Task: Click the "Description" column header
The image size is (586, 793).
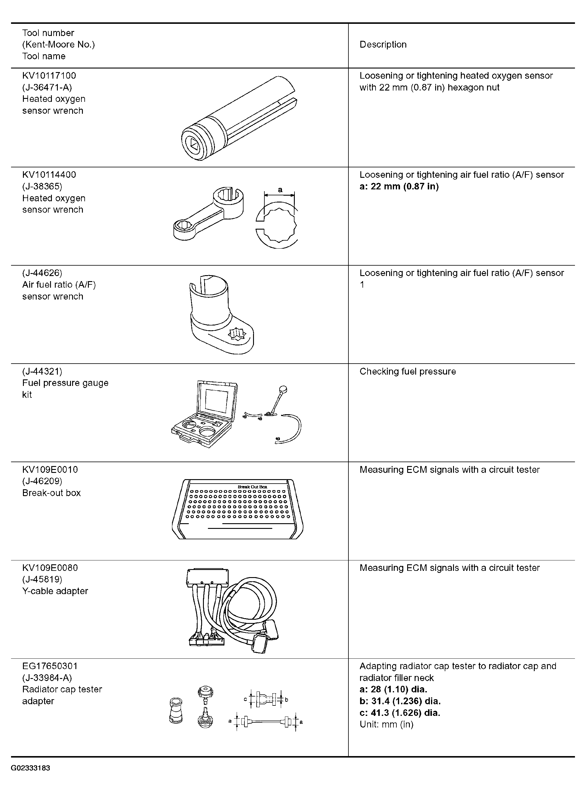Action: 383,45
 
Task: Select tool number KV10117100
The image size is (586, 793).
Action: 49,75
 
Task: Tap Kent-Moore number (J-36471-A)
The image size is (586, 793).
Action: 47,87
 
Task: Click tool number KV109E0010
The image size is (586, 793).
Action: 50,470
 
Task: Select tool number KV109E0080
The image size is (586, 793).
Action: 50,568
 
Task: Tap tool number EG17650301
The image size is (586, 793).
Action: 50,666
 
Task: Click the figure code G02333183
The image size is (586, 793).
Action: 30,768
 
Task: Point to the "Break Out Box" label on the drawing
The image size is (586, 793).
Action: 252,487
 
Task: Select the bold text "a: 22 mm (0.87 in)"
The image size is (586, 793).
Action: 399,186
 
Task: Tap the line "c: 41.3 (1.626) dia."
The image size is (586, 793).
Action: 400,713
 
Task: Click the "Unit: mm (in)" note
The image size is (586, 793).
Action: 387,724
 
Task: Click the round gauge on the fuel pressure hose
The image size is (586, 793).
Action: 283,390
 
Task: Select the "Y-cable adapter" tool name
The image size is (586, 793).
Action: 55,591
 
